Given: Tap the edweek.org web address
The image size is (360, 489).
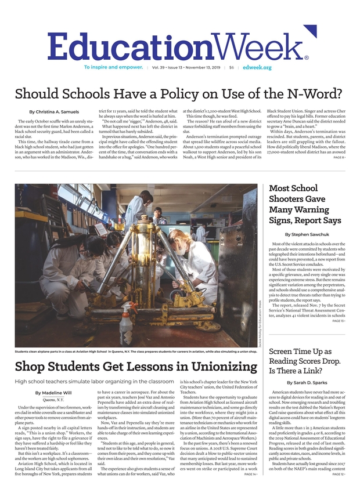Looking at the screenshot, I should (x=258, y=67).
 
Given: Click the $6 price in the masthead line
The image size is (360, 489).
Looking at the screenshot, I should (x=231, y=67).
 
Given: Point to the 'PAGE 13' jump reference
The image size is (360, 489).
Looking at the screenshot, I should (x=338, y=321).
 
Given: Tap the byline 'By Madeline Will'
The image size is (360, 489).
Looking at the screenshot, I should (x=53, y=393).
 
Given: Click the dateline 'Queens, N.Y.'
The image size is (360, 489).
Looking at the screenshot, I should (x=53, y=400).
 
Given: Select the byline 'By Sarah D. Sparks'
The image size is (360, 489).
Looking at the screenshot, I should (x=307, y=383).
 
